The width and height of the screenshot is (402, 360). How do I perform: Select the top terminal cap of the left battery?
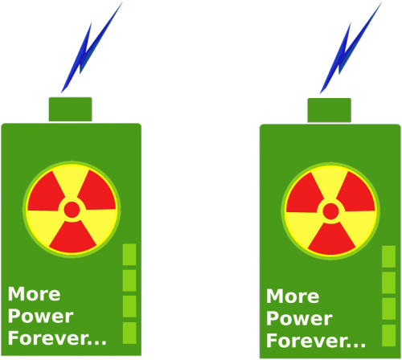pyautogui.click(x=70, y=109)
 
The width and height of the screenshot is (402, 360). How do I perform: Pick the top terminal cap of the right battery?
pyautogui.click(x=329, y=110)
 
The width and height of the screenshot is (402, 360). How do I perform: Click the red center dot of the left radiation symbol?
pyautogui.click(x=72, y=210)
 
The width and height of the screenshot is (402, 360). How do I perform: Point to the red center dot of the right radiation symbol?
pyautogui.click(x=330, y=211)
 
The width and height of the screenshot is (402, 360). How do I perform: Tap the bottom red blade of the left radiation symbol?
pyautogui.click(x=72, y=238)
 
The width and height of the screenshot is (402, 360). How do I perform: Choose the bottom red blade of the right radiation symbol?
pyautogui.click(x=331, y=239)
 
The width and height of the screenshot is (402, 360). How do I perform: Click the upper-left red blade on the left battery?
pyautogui.click(x=46, y=192)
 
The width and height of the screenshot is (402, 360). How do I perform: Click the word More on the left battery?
pyautogui.click(x=34, y=294)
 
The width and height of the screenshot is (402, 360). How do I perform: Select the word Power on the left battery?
pyautogui.click(x=40, y=317)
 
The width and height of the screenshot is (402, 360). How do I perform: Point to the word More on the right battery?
pyautogui.click(x=293, y=297)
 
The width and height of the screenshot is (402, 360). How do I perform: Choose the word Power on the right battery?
pyautogui.click(x=299, y=319)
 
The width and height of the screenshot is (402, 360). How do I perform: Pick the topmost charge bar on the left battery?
pyautogui.click(x=129, y=255)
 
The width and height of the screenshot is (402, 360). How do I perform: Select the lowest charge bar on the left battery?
pyautogui.click(x=129, y=333)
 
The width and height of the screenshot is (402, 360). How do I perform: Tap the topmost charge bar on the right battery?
pyautogui.click(x=388, y=256)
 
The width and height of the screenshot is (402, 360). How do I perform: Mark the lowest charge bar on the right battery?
pyautogui.click(x=388, y=335)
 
